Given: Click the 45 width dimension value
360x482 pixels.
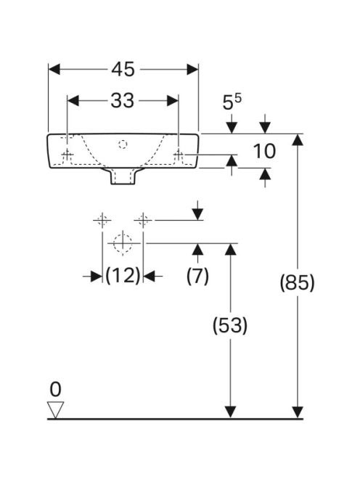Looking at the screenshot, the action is pos(123,69).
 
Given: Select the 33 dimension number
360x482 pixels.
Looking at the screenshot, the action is pos(123,100).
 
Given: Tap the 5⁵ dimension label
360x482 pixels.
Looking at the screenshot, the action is pos(232,102).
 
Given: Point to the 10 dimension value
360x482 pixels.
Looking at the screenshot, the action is pos(264,151).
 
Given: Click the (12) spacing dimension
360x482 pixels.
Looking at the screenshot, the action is pos(123,275).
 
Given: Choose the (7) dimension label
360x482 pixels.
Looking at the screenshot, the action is pos(197,275).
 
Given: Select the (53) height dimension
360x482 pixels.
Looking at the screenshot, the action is pos(230,325).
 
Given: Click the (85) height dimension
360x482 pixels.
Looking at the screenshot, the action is pos(298,282).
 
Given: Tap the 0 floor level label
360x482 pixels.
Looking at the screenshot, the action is pos(55,390).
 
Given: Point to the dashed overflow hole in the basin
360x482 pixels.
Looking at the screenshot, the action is pos(123,144).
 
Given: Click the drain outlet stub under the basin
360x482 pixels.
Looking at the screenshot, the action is pos(123,176).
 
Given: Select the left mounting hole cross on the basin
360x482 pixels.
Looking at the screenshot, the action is pos(67,154).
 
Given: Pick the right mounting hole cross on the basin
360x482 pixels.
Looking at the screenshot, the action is pos(179,154).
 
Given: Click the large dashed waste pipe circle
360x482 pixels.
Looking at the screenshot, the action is pos(123,243).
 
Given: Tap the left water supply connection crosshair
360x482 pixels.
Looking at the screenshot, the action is pos(102,220).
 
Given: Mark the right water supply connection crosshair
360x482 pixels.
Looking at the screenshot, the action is pos(143,220).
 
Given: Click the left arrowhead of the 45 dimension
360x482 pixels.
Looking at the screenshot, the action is pos(54,70).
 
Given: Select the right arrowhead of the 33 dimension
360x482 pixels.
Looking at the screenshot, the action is pos(173,100).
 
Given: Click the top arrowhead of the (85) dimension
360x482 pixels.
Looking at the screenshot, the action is pos(298,139).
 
